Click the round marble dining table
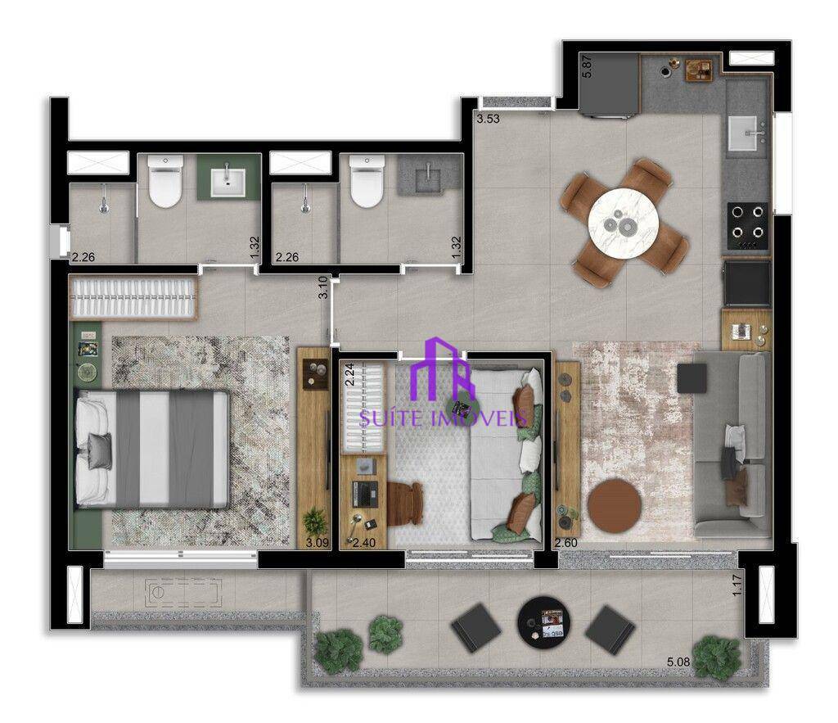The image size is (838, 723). (x=623, y=223)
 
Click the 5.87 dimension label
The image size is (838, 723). (x=587, y=67)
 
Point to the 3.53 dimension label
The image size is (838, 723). (x=488, y=119)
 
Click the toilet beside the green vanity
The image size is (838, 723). (x=165, y=182)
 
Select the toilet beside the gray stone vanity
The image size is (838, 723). (x=367, y=182)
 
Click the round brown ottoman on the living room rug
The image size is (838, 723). (x=615, y=506)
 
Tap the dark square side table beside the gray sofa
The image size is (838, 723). (x=692, y=378)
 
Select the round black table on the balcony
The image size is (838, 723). (x=543, y=623)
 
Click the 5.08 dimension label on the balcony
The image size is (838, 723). (x=678, y=662)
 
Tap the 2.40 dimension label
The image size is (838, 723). (x=364, y=543)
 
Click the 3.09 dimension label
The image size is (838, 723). (x=317, y=543)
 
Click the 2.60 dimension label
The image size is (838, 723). (x=566, y=543)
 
